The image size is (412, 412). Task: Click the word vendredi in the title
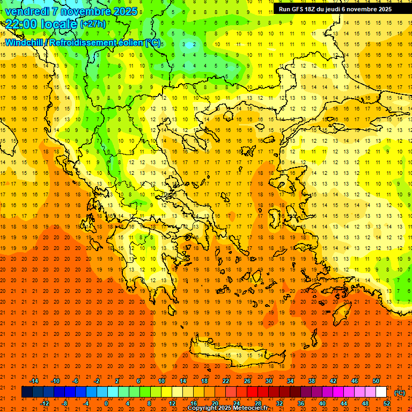point(27,11)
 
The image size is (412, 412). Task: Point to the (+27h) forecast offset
point(93,24)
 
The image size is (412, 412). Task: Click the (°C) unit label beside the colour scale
point(400,393)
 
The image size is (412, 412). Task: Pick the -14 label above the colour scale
point(34,381)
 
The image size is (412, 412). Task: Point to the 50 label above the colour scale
point(376,381)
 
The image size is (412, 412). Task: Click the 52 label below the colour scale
point(386,403)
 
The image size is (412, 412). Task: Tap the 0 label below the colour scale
point(106,403)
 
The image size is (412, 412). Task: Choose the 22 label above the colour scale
point(225,381)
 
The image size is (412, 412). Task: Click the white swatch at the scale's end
point(381,392)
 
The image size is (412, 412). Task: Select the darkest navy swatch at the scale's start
point(27,392)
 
